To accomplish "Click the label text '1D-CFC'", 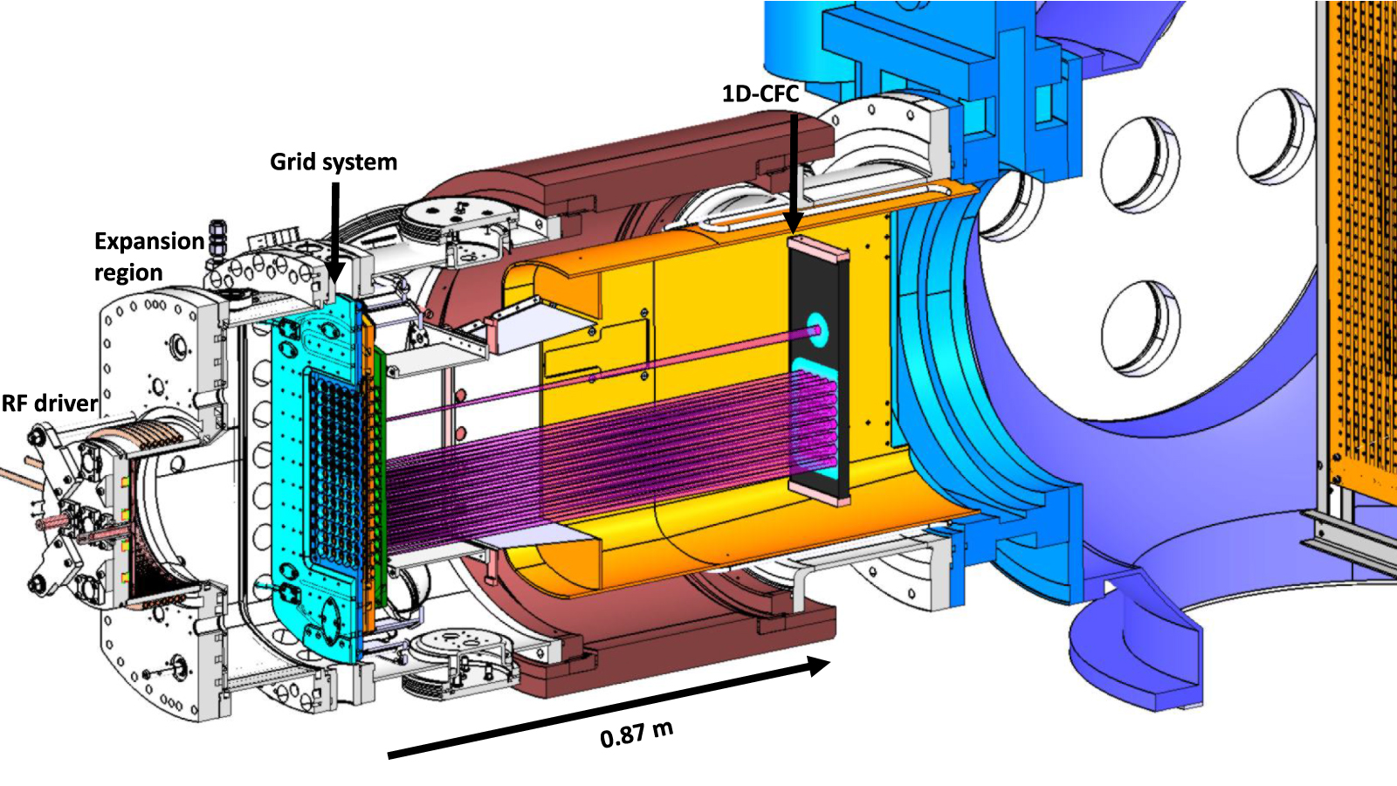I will click(760, 93).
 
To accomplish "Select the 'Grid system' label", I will click(334, 162).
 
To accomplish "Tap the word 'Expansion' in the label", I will click(148, 241).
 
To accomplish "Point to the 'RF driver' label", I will click(49, 403).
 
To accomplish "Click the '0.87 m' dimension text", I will click(637, 734).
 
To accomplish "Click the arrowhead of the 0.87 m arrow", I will click(818, 666).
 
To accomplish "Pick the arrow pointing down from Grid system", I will click(334, 227).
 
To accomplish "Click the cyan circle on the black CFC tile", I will click(818, 329).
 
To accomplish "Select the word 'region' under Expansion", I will click(128, 273).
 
